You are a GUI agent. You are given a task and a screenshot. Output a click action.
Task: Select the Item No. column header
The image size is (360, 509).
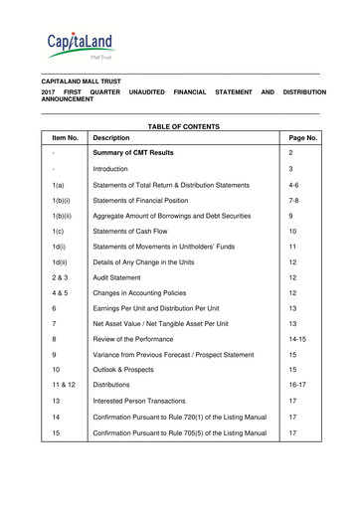point(65,138)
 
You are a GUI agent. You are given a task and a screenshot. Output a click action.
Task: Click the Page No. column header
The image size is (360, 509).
point(301,138)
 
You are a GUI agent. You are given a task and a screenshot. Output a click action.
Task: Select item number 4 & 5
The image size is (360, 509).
point(61,293)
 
